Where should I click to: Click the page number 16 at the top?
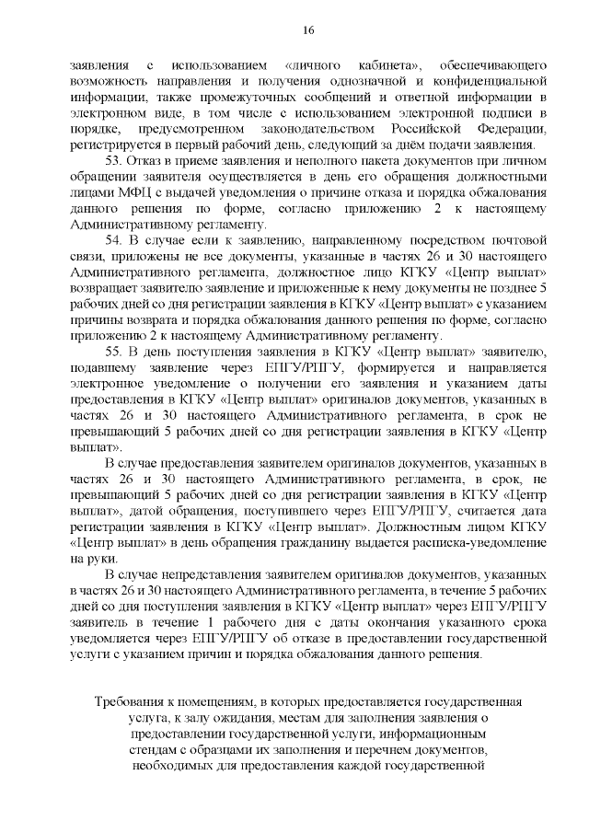coord(307,30)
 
